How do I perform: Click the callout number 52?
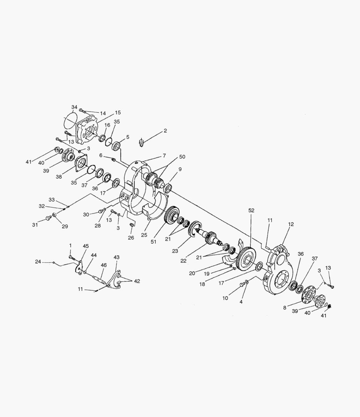[252, 210]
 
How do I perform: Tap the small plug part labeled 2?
[142, 143]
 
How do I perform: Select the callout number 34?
[74, 107]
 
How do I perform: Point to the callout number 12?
[291, 224]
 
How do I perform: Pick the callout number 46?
[104, 265]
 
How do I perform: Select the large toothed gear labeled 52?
[246, 258]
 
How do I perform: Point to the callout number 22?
[184, 261]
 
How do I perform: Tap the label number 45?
[86, 246]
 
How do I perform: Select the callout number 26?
[131, 237]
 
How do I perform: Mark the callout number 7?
[164, 156]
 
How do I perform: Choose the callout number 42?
[137, 281]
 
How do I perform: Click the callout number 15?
[118, 113]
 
